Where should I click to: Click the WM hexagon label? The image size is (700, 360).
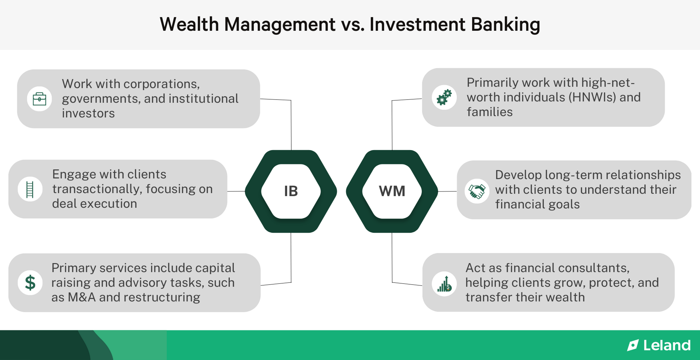click(392, 191)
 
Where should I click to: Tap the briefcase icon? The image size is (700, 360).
click(39, 99)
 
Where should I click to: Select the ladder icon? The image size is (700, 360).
click(30, 189)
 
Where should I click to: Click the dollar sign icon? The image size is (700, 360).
click(30, 283)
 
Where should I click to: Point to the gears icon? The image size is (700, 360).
click(444, 98)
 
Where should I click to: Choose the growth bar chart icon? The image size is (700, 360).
click(444, 284)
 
